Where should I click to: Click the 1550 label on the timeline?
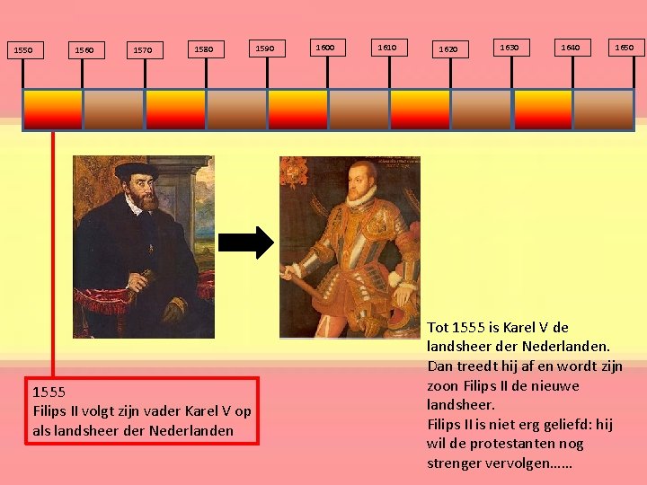23,50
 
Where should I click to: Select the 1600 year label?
324,47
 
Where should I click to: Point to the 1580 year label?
204,50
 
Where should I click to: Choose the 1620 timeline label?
448,50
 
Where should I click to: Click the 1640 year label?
570,47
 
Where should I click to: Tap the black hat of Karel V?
137,170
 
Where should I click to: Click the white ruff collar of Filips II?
360,197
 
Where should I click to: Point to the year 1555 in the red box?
49,392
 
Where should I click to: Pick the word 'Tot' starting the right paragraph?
439,327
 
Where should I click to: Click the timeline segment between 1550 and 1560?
52,110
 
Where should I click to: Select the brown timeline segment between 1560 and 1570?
113,110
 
